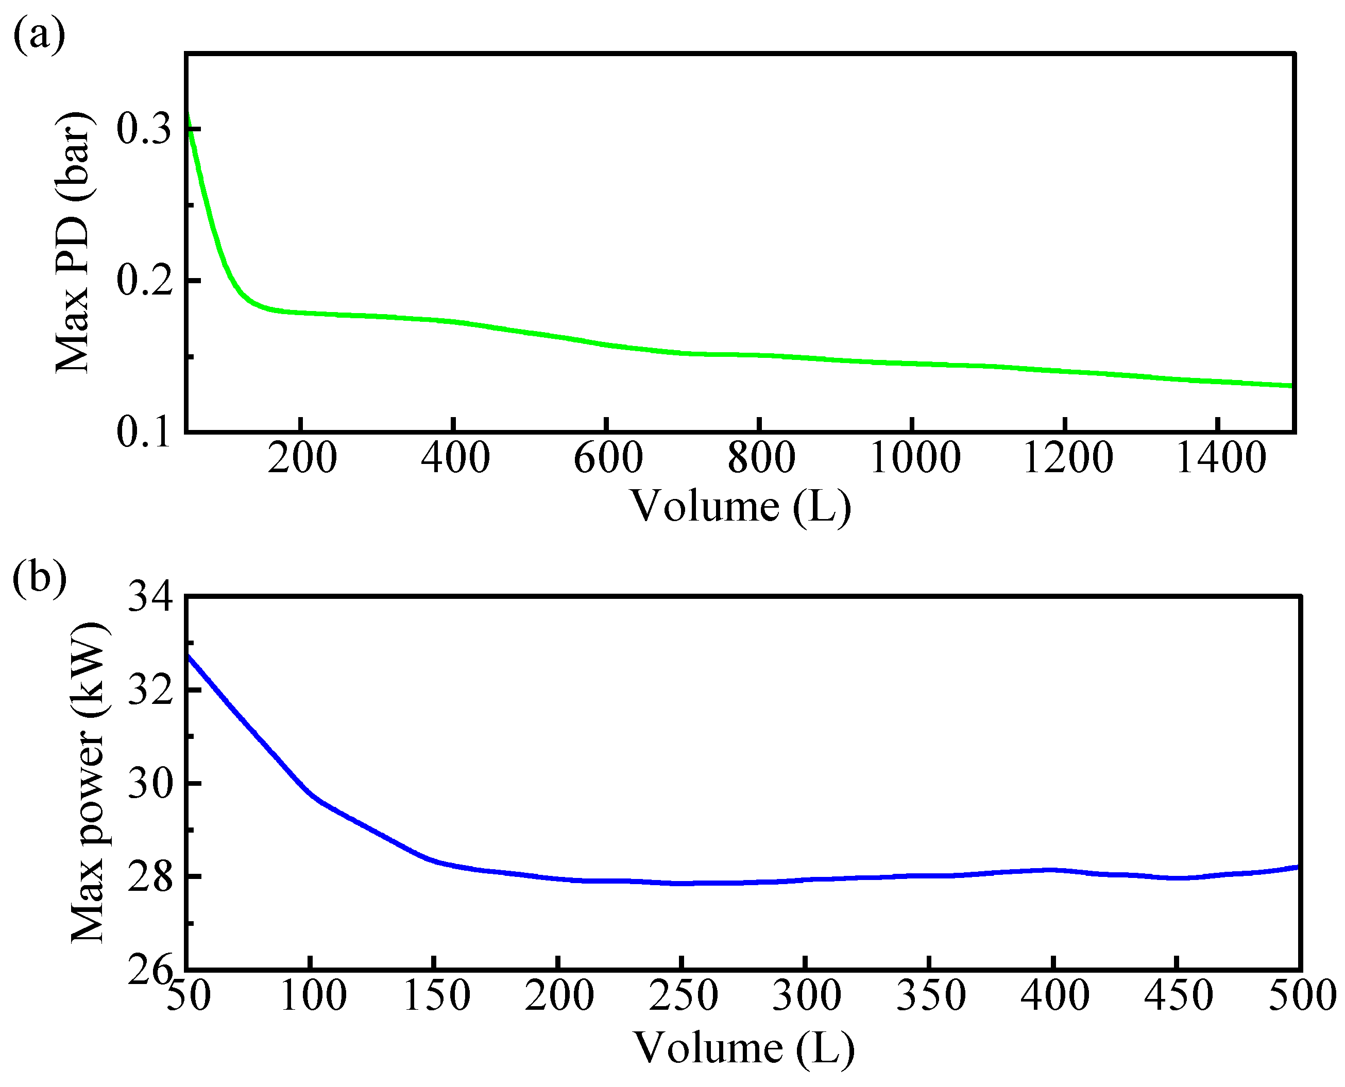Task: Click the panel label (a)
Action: (x=39, y=35)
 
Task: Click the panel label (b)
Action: (x=39, y=577)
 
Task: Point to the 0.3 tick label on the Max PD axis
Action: (x=143, y=130)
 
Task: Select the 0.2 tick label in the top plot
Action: (x=143, y=281)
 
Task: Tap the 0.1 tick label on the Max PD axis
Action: (x=143, y=433)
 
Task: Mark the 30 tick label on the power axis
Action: (x=150, y=783)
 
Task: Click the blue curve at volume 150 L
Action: (x=434, y=860)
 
